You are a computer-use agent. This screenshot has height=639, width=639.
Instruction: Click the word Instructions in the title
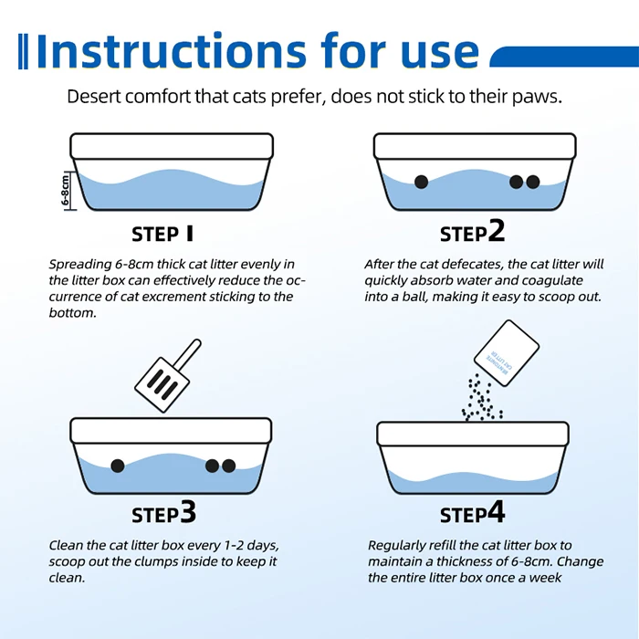pos(172,51)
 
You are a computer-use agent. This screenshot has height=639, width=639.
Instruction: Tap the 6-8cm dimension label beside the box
pos(66,190)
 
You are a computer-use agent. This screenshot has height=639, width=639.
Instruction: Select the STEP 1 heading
pos(162,234)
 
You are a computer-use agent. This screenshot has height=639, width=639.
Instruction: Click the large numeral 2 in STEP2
pos(496,231)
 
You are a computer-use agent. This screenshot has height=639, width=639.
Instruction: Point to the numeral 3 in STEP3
pos(187,512)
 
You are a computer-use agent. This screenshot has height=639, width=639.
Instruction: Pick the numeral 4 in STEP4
pos(496,512)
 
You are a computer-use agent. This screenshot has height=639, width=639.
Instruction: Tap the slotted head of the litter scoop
pos(162,384)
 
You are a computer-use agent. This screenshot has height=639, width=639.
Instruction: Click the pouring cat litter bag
pos(507,353)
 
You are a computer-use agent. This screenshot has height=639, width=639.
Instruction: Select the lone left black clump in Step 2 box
pos(421,182)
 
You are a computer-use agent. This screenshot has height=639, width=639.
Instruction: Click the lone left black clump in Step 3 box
pos(118,466)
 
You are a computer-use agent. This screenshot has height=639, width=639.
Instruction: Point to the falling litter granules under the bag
pos(482,398)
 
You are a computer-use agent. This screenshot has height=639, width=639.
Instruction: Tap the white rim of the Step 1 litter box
pos(172,146)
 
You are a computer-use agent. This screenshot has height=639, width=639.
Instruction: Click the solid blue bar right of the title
pos(564,57)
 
